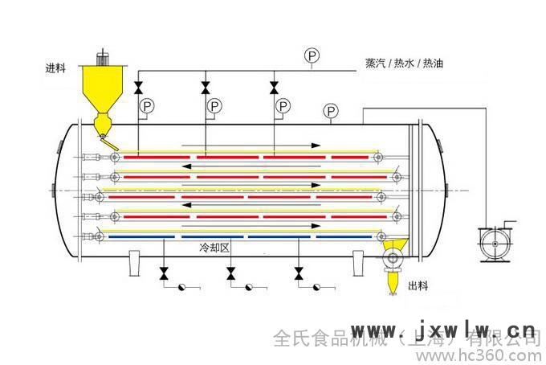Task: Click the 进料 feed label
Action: point(55,68)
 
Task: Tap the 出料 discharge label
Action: point(418,285)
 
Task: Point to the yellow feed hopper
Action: point(102,88)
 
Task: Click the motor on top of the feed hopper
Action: point(103,59)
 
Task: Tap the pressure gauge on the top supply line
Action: point(312,55)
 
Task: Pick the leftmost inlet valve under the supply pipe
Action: point(139,86)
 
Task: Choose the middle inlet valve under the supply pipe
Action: point(206,86)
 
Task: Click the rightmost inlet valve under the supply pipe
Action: point(274,86)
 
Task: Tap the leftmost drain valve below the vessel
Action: point(165,274)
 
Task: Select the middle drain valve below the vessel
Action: point(231,274)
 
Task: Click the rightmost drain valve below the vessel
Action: point(299,274)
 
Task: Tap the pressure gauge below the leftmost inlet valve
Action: point(146,106)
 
